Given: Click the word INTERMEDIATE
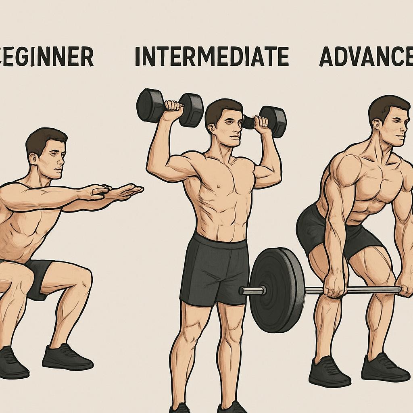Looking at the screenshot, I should pos(212,56).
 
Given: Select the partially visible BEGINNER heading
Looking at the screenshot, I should pos(46,57).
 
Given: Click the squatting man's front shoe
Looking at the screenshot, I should pos(67,357).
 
